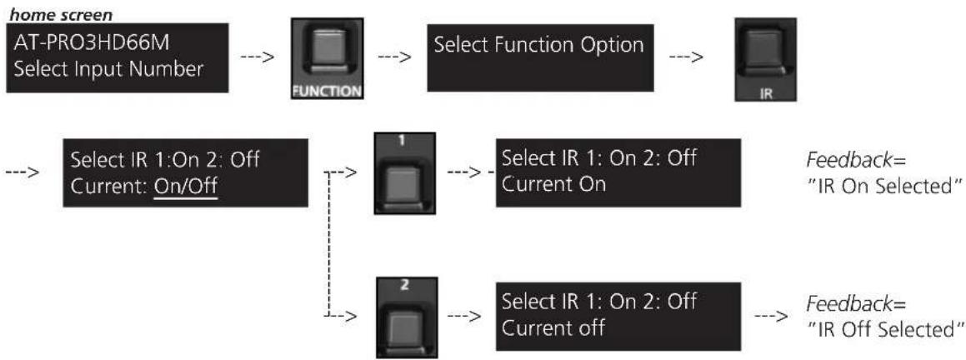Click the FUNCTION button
(x=327, y=58)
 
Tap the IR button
(x=766, y=59)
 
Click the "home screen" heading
(x=60, y=12)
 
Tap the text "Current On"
(x=554, y=184)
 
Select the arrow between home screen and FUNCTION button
(x=258, y=58)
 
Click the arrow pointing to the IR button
(x=686, y=58)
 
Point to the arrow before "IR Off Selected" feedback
(x=771, y=317)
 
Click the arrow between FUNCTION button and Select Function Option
(x=394, y=58)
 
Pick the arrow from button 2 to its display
(x=463, y=316)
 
